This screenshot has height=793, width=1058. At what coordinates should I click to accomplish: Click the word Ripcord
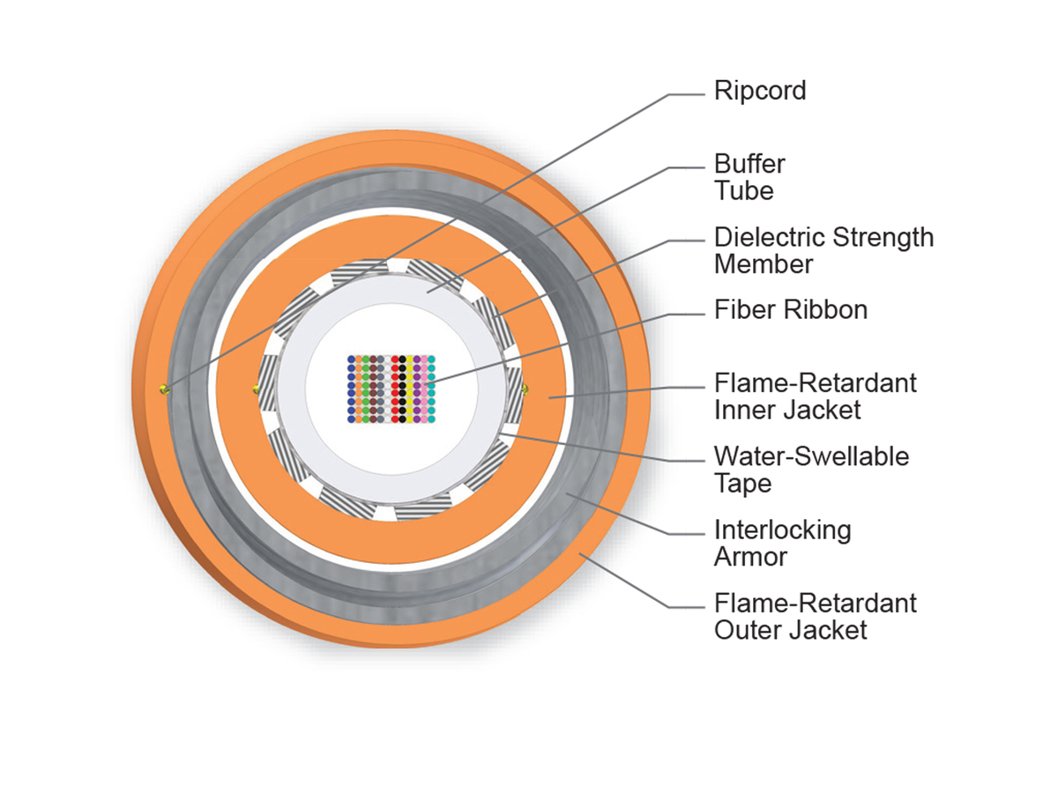(760, 91)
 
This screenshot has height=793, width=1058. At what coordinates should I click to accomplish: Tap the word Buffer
(749, 164)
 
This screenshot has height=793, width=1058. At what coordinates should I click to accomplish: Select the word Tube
(744, 190)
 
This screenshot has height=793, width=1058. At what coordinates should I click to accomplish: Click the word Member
(764, 263)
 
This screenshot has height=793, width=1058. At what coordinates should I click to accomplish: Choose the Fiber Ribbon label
(791, 310)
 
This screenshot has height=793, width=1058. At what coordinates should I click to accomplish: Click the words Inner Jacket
(787, 410)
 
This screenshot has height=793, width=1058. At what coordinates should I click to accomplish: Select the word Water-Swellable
(811, 456)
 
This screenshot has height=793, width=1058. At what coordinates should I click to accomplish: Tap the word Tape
(742, 483)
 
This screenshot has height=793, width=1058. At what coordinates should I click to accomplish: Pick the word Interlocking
(783, 530)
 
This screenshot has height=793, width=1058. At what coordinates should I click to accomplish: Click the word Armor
(750, 556)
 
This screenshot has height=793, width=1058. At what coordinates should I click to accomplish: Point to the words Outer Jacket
(790, 630)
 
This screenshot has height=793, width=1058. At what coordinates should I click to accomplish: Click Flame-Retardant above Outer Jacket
(815, 604)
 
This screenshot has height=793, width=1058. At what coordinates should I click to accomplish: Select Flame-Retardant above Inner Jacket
(815, 383)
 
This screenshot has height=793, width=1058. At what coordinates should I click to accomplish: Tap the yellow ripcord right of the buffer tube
(525, 388)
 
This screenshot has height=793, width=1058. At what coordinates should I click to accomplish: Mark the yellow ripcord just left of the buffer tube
(256, 388)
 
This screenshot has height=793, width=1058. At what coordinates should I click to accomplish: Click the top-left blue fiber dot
(352, 360)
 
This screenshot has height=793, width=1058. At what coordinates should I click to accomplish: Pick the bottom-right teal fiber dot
(432, 419)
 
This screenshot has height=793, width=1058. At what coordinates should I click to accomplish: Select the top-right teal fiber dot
(432, 360)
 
